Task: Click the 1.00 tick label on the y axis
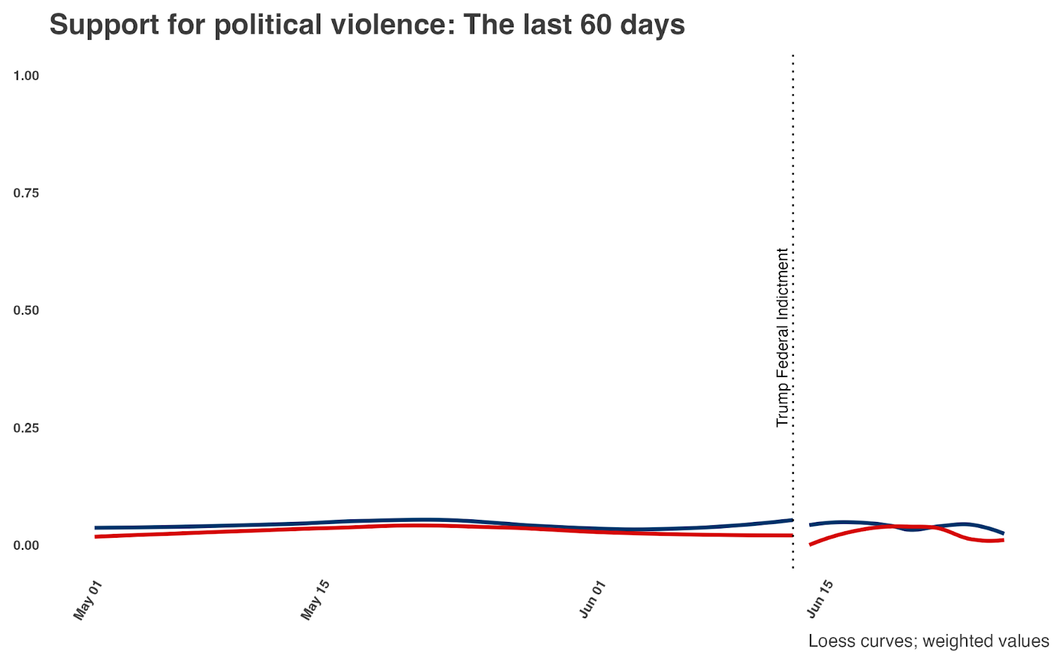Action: pyautogui.click(x=26, y=76)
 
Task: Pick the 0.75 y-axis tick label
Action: pyautogui.click(x=26, y=193)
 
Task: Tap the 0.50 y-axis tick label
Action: pyautogui.click(x=26, y=310)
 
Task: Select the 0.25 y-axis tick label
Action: pyautogui.click(x=26, y=428)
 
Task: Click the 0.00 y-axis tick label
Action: pyautogui.click(x=26, y=545)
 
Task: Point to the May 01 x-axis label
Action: pyautogui.click(x=88, y=600)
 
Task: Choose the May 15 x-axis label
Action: pyautogui.click(x=315, y=600)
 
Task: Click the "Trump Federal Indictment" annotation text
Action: pyautogui.click(x=782, y=337)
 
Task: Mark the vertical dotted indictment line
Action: pyautogui.click(x=793, y=311)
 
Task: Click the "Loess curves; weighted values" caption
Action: pyautogui.click(x=929, y=641)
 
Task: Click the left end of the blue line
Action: pyautogui.click(x=96, y=528)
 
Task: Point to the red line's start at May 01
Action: pyautogui.click(x=96, y=537)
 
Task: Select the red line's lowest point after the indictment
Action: pyautogui.click(x=810, y=544)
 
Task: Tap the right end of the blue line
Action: pyautogui.click(x=1003, y=533)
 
